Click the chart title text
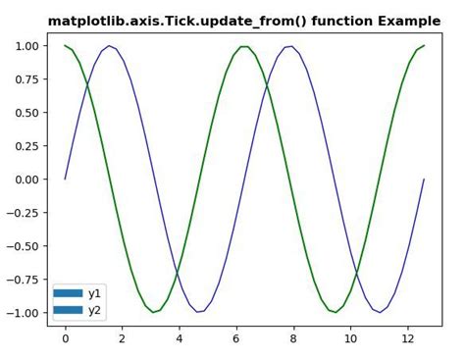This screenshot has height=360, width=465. tap(244, 21)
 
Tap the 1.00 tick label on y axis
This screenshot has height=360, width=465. tap(26, 46)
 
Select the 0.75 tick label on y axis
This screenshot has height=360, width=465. tap(26, 79)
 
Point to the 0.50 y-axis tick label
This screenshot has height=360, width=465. tap(26, 113)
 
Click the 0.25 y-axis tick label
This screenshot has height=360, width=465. tap(26, 146)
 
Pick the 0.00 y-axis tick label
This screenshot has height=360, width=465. tap(26, 180)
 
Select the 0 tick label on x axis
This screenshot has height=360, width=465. tap(66, 339)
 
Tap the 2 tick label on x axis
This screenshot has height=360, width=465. tap(123, 339)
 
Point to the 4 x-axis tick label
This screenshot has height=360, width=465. tap(180, 339)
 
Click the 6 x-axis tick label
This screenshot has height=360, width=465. tap(236, 339)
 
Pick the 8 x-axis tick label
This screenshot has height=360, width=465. tap(293, 339)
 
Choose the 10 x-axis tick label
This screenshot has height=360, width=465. tap(350, 339)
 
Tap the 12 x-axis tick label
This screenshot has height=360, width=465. tap(407, 339)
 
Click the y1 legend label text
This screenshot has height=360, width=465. tap(95, 293)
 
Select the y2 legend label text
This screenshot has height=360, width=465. tap(95, 310)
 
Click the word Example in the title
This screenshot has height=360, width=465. tap(409, 21)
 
